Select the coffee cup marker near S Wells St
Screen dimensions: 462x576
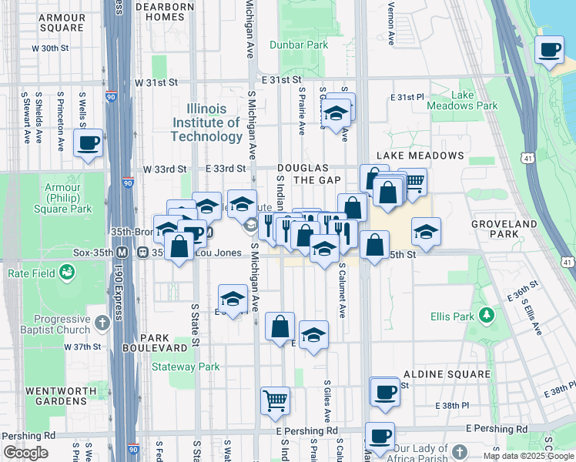pos(88,142)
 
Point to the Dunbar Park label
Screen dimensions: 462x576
pos(298,45)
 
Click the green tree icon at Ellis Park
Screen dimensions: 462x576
pos(486,314)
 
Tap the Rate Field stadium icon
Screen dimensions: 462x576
pos(67,272)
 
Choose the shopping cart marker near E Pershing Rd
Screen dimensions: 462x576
pos(275,400)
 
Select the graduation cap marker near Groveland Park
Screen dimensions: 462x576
pos(426,231)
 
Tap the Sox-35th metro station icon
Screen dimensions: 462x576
pos(122,252)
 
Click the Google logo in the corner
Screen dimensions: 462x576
pos(25,453)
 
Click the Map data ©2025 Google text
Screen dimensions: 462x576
pos(528,456)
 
